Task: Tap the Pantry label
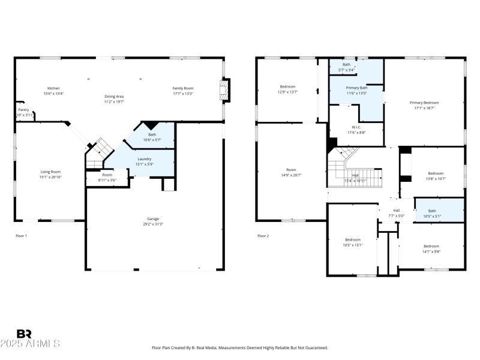[23, 110]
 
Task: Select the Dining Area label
[114, 97]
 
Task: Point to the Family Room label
[183, 88]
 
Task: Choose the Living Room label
[50, 172]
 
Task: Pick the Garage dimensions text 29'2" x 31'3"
[153, 224]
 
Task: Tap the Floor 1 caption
[21, 236]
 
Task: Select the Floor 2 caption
[263, 236]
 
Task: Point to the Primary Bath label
[356, 88]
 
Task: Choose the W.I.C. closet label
[356, 127]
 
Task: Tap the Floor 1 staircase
[98, 153]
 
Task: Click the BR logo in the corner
[24, 334]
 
